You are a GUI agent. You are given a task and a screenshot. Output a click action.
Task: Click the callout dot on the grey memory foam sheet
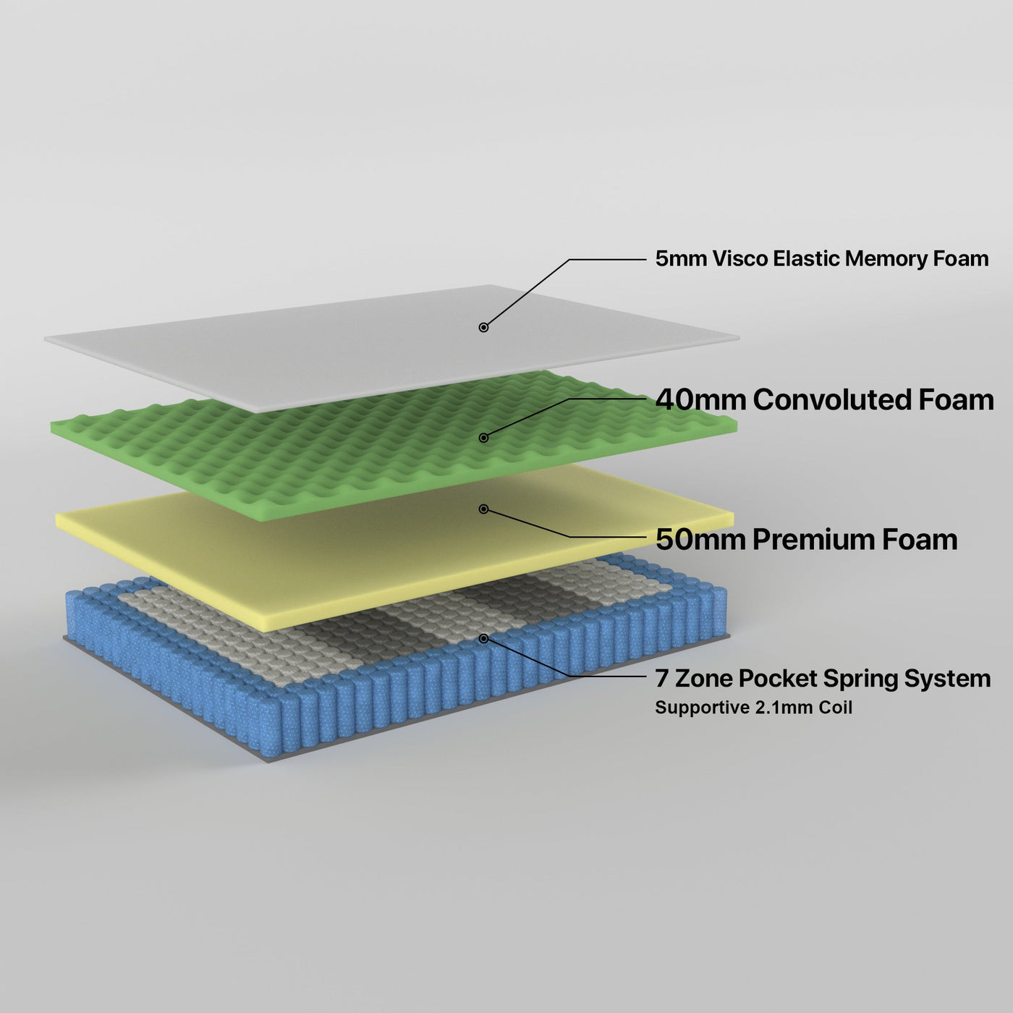tap(483, 327)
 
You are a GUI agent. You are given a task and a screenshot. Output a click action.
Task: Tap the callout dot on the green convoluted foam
tap(483, 437)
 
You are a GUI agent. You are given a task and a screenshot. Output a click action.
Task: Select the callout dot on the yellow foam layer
tap(483, 509)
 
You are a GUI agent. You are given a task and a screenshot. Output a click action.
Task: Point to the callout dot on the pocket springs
tap(483, 638)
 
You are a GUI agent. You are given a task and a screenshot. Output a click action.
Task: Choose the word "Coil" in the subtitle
tap(836, 708)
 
